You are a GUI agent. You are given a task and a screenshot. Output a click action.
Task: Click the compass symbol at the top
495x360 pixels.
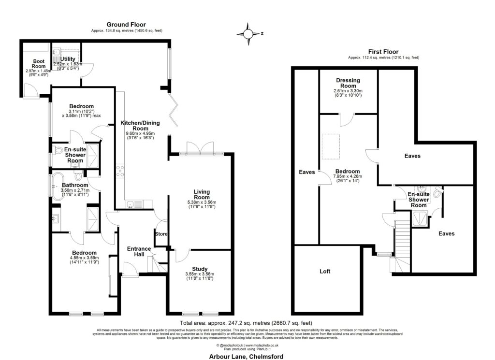(x=248, y=34)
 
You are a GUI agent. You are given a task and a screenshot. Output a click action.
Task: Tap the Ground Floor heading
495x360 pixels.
(x=126, y=24)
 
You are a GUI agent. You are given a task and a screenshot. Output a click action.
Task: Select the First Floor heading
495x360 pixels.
(x=383, y=51)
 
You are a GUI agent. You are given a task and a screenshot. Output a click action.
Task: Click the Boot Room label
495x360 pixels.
(x=38, y=64)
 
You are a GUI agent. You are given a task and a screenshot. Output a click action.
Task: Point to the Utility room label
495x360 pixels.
(x=68, y=59)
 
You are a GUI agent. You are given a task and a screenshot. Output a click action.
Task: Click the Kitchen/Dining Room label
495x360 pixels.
(x=140, y=126)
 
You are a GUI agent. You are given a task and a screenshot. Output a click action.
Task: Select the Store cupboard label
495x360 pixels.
(x=161, y=234)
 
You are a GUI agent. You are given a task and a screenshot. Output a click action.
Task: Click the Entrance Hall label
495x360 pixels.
(x=139, y=251)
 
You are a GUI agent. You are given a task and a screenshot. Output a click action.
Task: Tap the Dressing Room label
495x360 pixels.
(x=348, y=83)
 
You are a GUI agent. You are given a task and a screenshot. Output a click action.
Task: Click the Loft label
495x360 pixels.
(x=325, y=272)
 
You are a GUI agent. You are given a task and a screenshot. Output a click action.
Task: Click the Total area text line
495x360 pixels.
(x=246, y=322)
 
